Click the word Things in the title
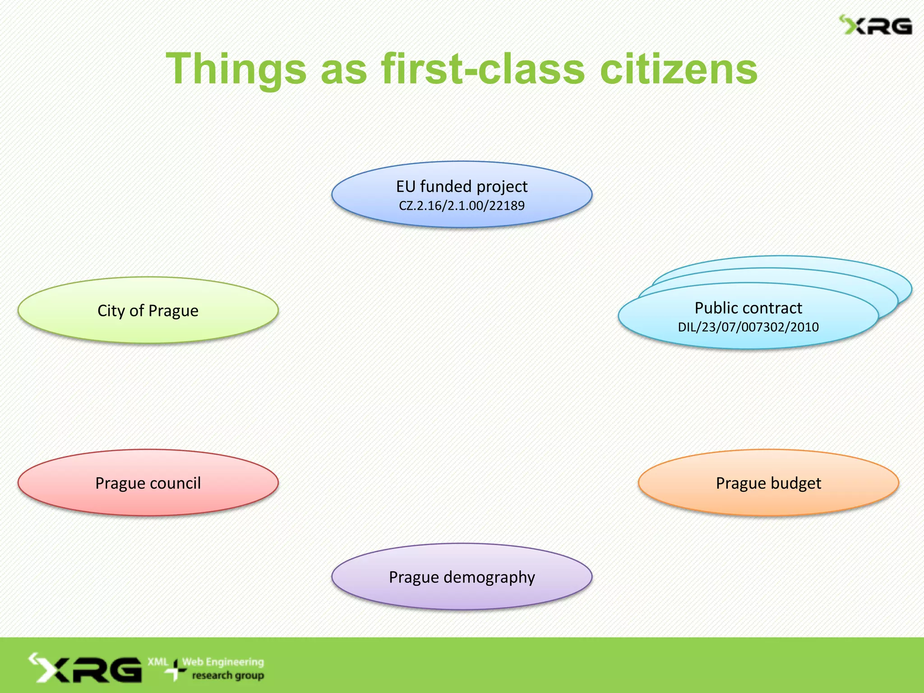tap(236, 69)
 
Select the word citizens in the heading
tap(679, 69)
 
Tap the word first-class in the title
tap(483, 69)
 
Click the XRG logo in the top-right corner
tap(876, 26)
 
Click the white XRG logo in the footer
tap(86, 668)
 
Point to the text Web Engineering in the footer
tap(223, 662)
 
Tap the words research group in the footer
tap(228, 675)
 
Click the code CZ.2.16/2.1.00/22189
tap(462, 206)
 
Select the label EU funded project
tap(462, 186)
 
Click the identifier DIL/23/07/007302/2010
tap(748, 327)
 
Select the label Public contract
tap(748, 308)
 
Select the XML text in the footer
tap(157, 662)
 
